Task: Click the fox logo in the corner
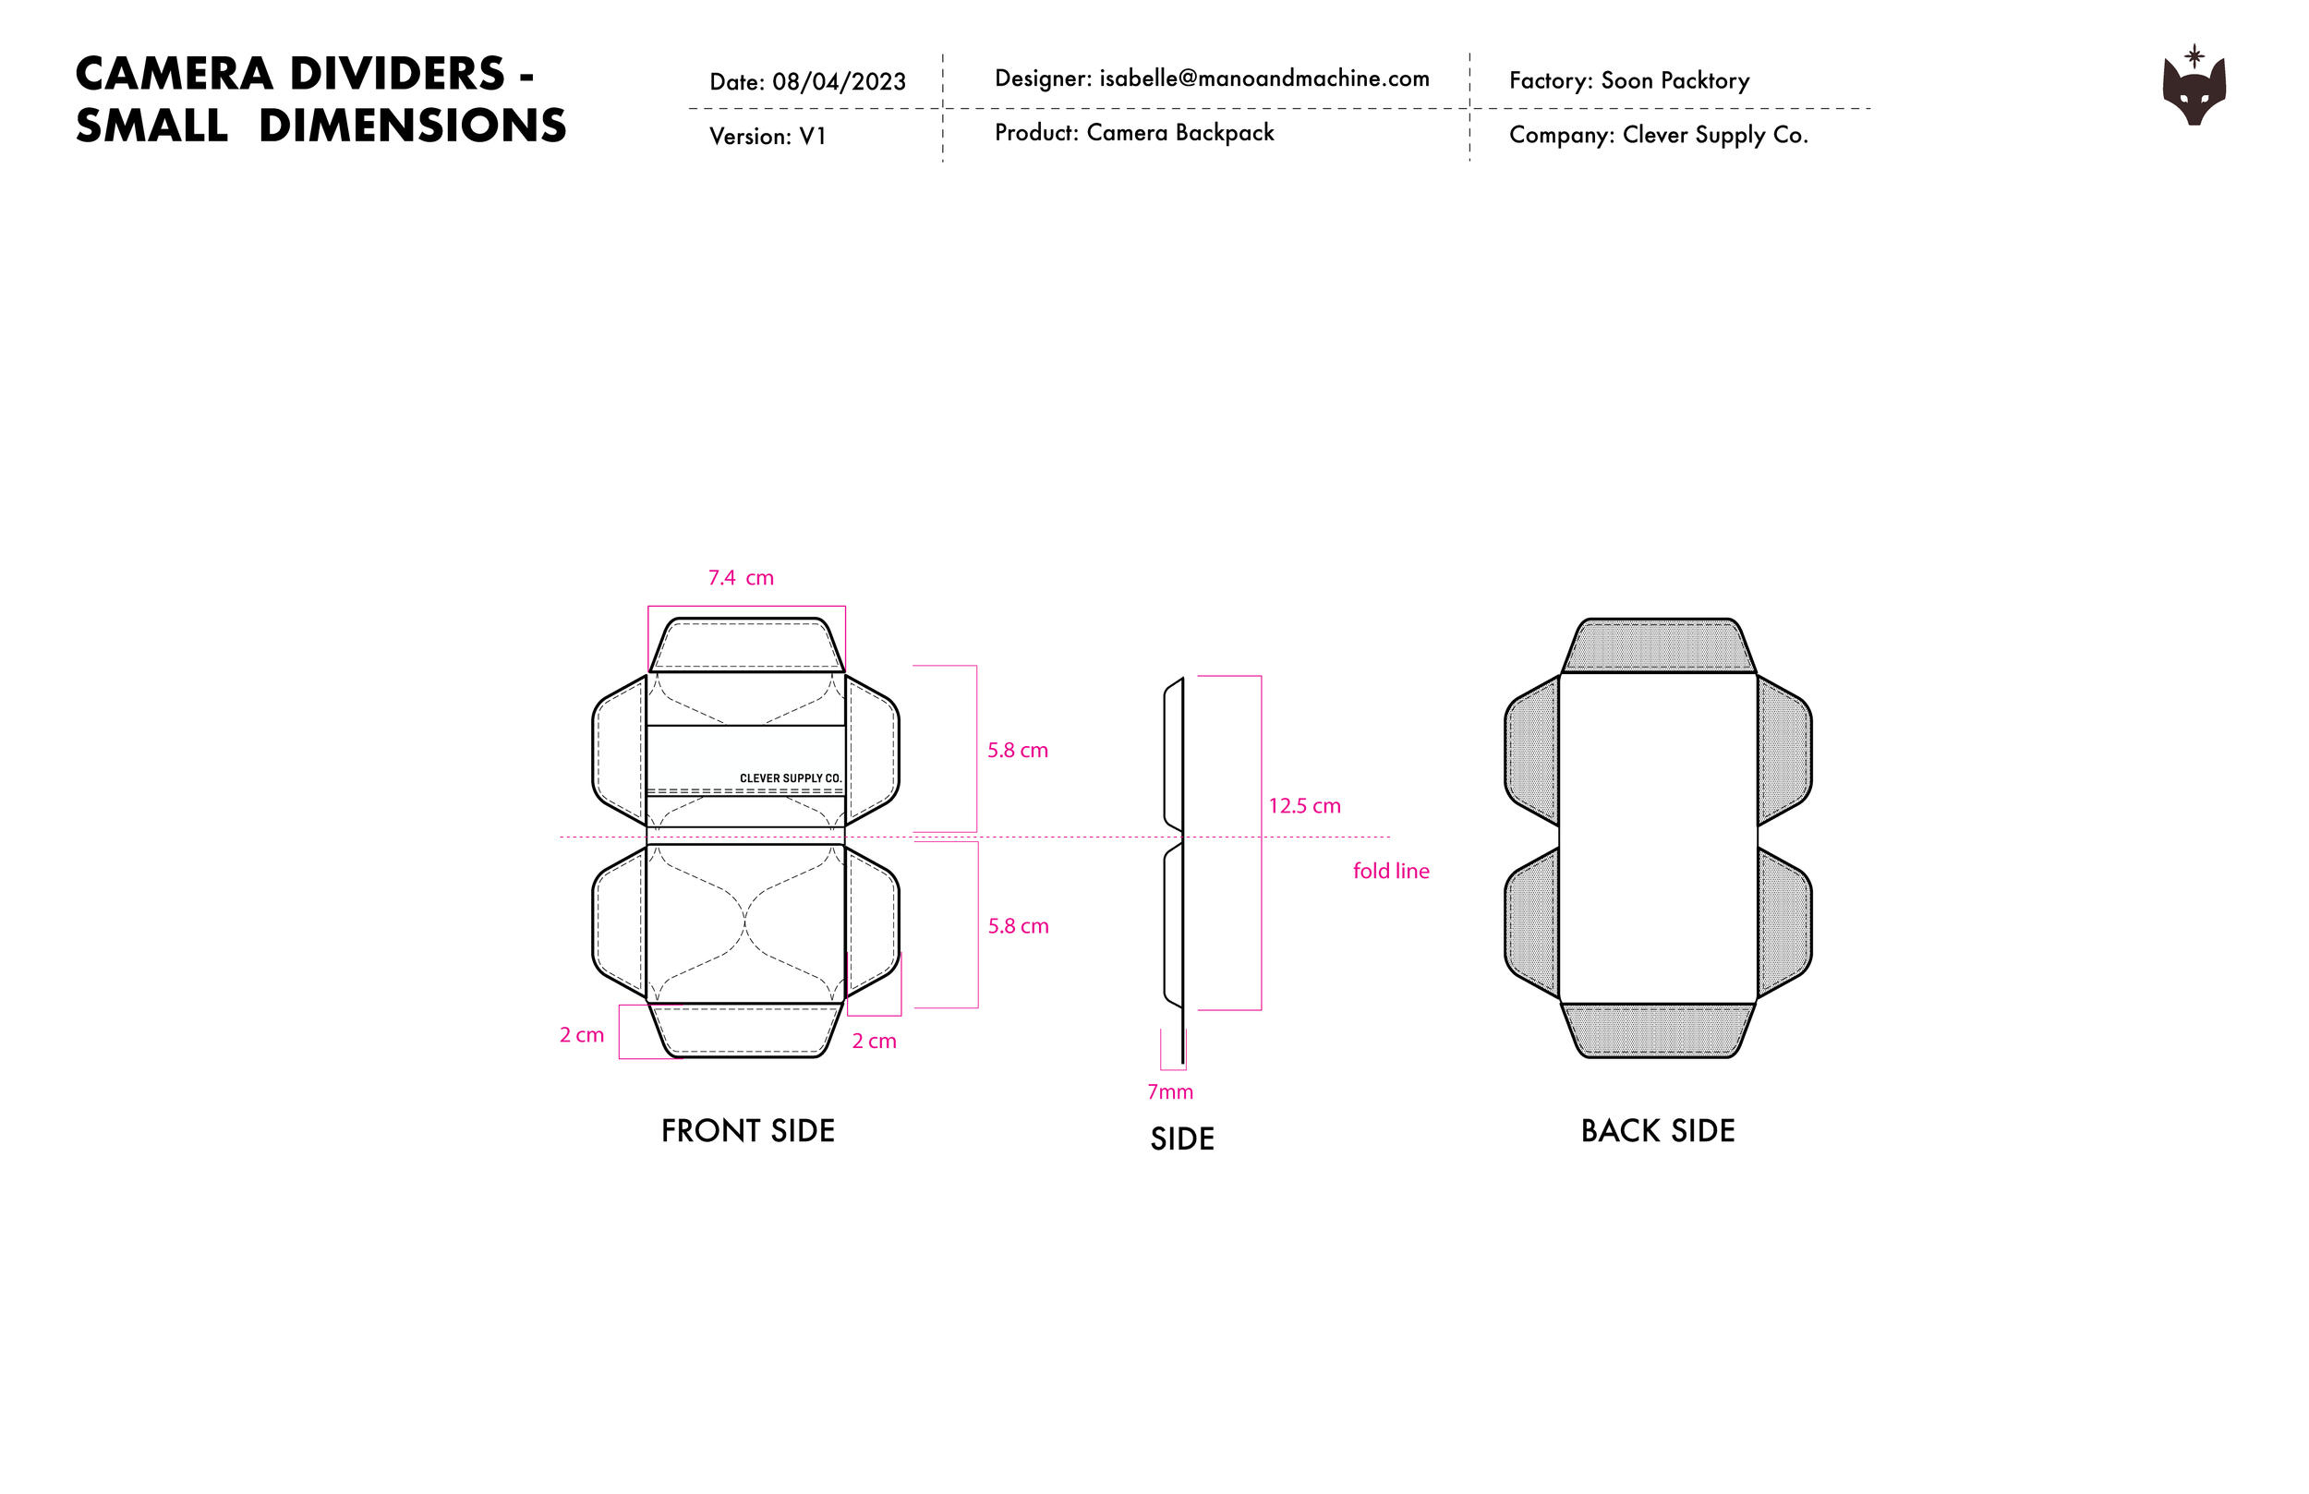pyautogui.click(x=2194, y=89)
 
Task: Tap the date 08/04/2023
pyautogui.click(x=839, y=81)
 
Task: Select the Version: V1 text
pyautogui.click(x=768, y=137)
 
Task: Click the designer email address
pyautogui.click(x=1263, y=78)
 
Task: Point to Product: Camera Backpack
pyautogui.click(x=1133, y=133)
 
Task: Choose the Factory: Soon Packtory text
pyautogui.click(x=1629, y=80)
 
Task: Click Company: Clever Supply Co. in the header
pyautogui.click(x=1658, y=135)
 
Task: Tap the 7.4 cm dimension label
pyautogui.click(x=740, y=578)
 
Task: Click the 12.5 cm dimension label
pyautogui.click(x=1304, y=806)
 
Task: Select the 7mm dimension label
pyautogui.click(x=1170, y=1092)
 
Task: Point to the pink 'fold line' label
pyautogui.click(x=1390, y=871)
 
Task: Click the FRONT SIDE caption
pyautogui.click(x=747, y=1131)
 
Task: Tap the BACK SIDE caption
pyautogui.click(x=1657, y=1131)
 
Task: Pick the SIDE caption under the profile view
pyautogui.click(x=1181, y=1139)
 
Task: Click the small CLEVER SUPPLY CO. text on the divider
pyautogui.click(x=790, y=778)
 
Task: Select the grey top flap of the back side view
pyautogui.click(x=1658, y=645)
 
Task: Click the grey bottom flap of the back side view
pyautogui.click(x=1658, y=1030)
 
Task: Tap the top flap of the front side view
pyautogui.click(x=745, y=645)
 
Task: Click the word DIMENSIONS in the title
pyautogui.click(x=412, y=127)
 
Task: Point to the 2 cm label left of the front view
pyautogui.click(x=581, y=1035)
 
